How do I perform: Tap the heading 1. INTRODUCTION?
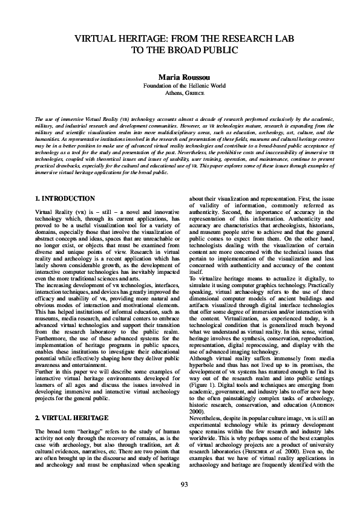[65, 198]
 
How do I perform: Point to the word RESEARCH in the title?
[241, 39]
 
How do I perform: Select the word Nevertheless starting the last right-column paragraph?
[208, 400]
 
